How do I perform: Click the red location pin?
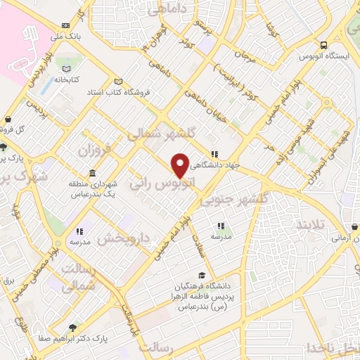(x=181, y=165)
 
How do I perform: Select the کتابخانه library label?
(x=67, y=79)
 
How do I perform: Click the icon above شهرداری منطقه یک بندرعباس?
(x=93, y=174)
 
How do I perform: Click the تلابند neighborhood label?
(x=310, y=224)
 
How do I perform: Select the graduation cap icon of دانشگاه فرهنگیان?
(x=202, y=276)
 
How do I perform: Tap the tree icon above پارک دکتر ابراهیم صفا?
(x=73, y=327)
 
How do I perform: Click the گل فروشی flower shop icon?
(x=8, y=120)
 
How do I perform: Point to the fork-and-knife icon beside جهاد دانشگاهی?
(x=214, y=154)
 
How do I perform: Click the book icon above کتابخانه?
(x=67, y=69)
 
